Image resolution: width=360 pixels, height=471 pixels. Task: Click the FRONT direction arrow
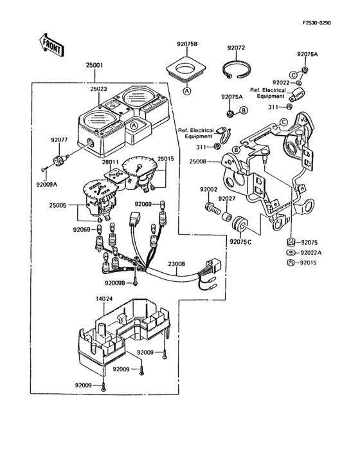51,45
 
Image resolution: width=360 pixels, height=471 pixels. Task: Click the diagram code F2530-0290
316,23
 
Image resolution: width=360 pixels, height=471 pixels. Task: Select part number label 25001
94,64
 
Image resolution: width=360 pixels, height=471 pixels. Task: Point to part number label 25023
99,89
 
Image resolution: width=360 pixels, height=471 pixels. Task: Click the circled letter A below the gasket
187,91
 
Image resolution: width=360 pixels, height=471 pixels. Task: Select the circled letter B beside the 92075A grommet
243,111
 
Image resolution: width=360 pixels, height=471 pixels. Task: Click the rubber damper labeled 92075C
239,224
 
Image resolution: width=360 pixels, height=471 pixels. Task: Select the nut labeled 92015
290,263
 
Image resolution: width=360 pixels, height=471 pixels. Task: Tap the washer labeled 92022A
290,253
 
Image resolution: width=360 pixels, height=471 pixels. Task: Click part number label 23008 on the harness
176,264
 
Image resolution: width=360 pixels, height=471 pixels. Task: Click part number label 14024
104,299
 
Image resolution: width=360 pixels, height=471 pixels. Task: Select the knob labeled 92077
60,160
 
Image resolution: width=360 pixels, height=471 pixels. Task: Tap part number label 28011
110,162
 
